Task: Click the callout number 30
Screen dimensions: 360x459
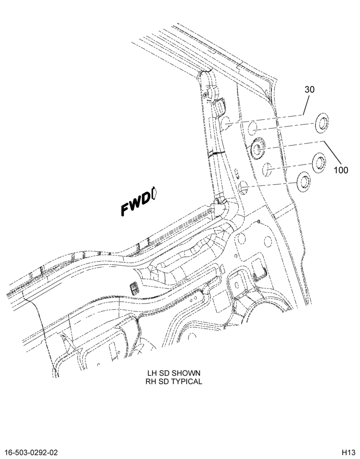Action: (x=309, y=90)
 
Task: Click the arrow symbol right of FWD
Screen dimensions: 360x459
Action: (x=155, y=194)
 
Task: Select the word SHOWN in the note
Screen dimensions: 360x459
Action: (x=186, y=373)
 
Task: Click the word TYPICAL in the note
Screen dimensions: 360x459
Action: (x=187, y=381)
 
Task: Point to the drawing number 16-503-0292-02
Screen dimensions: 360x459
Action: (x=31, y=452)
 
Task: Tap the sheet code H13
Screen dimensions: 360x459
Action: (x=348, y=452)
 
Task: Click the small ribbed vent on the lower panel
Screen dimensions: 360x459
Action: (x=134, y=289)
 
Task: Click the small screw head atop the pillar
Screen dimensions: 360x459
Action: (x=206, y=95)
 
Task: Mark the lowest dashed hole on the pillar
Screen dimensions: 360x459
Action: (x=244, y=187)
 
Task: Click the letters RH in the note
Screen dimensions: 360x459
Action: (x=150, y=381)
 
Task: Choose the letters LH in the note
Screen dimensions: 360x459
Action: (x=152, y=373)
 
